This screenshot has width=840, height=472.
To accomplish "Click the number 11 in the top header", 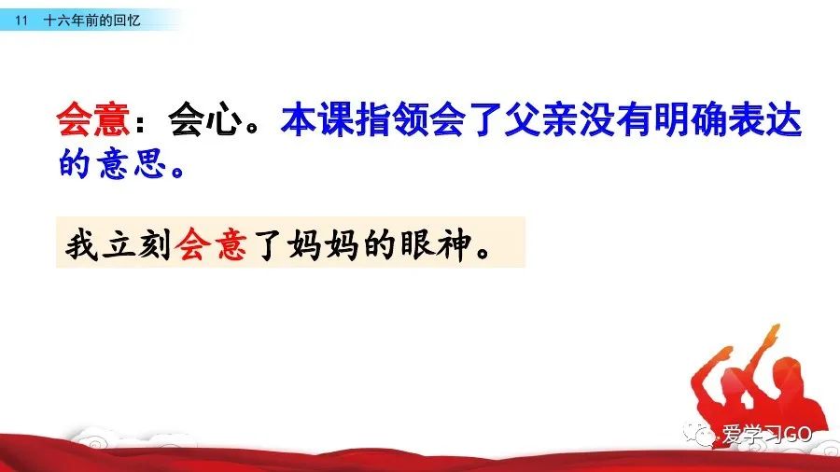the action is click(x=21, y=21).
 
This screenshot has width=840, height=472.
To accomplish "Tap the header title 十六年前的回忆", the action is click(x=91, y=21).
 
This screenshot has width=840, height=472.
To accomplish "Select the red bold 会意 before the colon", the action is click(x=93, y=118).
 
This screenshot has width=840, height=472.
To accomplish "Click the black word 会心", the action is click(x=204, y=118).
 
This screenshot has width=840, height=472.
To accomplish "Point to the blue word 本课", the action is click(x=317, y=118).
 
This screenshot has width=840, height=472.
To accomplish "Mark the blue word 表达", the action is click(x=765, y=118).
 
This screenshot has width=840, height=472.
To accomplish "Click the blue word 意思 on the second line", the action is click(x=132, y=163).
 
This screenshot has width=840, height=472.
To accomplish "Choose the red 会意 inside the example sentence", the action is click(x=212, y=244).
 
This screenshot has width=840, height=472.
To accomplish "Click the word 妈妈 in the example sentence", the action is click(x=323, y=244).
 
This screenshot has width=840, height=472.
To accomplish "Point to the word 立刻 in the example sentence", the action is click(x=136, y=244).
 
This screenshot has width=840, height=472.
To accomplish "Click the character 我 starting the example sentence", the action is click(x=82, y=244).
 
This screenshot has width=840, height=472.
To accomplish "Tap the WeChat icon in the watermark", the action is click(x=698, y=434).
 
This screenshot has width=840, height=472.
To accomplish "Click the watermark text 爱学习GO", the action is click(x=766, y=434).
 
